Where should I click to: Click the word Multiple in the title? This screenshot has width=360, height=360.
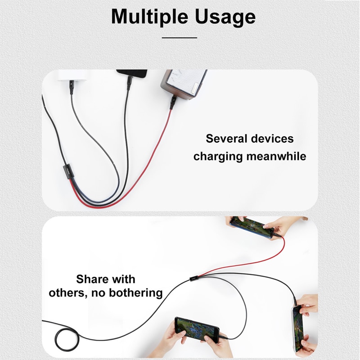point(149,17)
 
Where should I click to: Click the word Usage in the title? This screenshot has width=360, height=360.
point(225,17)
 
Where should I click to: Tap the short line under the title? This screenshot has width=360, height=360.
point(180,38)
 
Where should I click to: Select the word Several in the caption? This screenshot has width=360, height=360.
point(226,139)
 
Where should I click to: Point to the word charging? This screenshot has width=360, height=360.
point(218,157)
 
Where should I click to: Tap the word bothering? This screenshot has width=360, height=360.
point(136,293)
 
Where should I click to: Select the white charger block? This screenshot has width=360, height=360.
point(72,75)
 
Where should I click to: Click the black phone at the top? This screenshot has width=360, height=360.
point(132,73)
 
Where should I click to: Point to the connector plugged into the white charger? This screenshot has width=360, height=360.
point(71,87)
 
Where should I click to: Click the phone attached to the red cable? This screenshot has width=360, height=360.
point(252,228)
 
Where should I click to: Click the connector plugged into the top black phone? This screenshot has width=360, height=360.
point(129,83)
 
